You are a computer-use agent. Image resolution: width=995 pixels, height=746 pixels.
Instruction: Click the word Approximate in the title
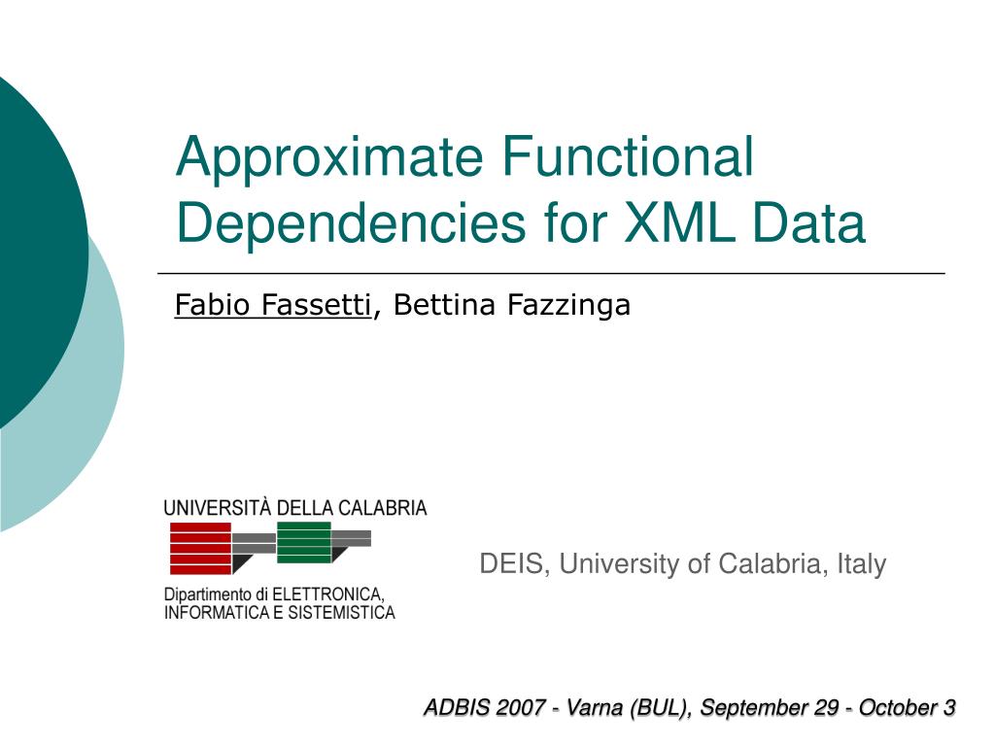[329, 157]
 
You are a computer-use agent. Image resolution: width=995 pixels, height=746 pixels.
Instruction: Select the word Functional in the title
[628, 156]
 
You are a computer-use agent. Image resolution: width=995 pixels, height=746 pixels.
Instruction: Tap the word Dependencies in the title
[351, 223]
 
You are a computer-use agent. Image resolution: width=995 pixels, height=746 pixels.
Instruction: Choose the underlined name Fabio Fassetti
[273, 304]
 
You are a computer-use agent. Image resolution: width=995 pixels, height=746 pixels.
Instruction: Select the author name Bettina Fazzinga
[511, 305]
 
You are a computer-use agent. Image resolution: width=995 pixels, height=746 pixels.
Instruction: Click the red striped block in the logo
[200, 549]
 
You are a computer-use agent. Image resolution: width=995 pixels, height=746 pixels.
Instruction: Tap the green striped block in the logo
[304, 542]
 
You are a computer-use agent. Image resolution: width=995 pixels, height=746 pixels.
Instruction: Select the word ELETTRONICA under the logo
[328, 595]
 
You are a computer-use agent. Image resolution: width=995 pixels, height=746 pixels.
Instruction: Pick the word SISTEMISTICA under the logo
[341, 613]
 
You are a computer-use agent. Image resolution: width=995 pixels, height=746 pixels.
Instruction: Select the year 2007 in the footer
[521, 707]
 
